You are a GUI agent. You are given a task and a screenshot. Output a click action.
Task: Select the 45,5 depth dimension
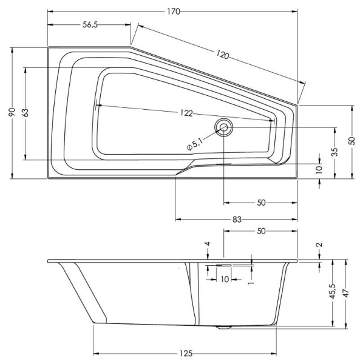pos(332,295)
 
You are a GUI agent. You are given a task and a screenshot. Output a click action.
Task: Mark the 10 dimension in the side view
pos(224,280)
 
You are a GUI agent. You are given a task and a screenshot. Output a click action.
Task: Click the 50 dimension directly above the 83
pos(260,203)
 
